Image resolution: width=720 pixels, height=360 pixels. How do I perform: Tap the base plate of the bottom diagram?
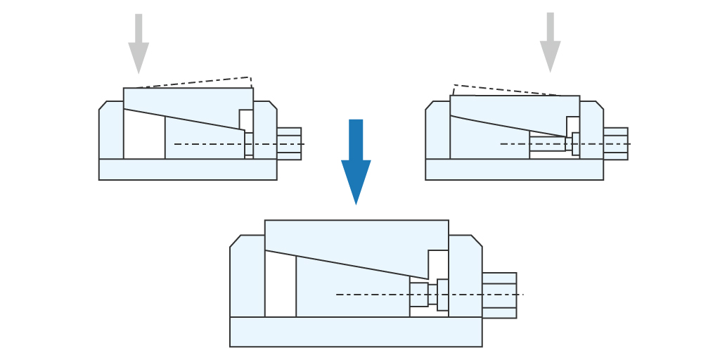coord(356,331)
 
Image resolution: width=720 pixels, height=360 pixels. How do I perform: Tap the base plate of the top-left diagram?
coord(188,169)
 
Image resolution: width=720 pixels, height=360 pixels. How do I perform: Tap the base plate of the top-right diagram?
coord(514,169)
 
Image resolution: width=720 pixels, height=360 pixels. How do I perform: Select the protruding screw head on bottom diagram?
coord(499,295)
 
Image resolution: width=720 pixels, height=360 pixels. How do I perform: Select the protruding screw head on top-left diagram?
coord(289,143)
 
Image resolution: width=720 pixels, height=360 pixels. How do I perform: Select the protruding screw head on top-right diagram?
coord(615,143)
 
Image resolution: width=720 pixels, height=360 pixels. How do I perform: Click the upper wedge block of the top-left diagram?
coord(186,102)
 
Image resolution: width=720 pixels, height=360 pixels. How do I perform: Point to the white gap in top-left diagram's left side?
coord(143,138)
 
